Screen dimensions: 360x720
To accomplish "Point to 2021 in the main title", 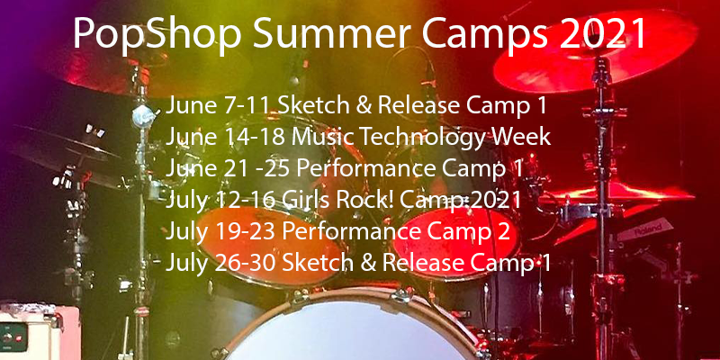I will click(599, 35).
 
